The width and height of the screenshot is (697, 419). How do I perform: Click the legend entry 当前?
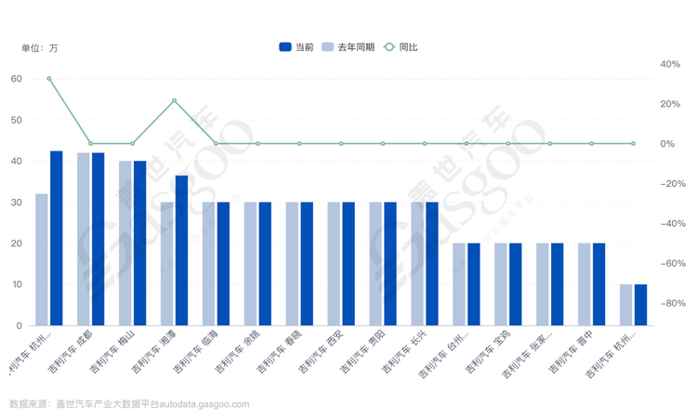296,46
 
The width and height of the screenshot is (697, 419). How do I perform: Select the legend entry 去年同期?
348,46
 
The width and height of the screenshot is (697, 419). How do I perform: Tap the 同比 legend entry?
401,46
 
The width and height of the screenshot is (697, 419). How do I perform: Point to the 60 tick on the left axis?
17,79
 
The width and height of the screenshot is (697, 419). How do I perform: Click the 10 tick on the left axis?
17,284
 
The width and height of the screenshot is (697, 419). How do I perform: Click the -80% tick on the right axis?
670,304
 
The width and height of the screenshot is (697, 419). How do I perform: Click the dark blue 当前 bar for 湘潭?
181,250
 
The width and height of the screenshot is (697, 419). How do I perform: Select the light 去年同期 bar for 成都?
84,239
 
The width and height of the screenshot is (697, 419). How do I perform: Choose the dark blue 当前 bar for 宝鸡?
515,284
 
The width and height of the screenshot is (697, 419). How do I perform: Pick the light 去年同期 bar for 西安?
334,264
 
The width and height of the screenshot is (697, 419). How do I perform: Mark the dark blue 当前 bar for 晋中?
598,284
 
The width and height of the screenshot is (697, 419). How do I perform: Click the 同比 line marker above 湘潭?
174,100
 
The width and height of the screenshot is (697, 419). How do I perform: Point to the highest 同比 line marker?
49,79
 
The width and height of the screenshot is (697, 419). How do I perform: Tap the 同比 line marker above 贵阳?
383,144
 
